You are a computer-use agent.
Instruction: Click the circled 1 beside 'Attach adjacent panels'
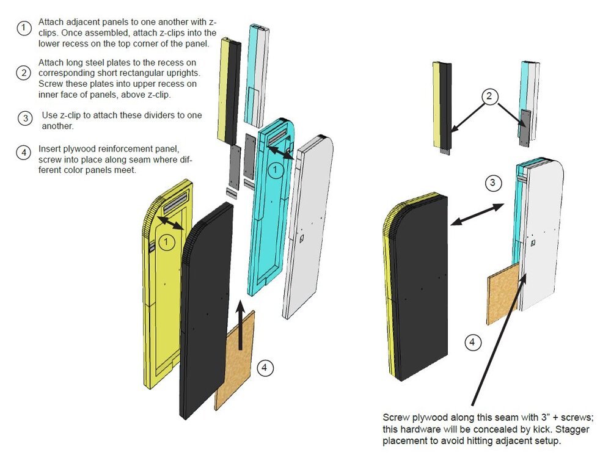coord(24,27)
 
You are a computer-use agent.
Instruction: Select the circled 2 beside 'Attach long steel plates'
coord(24,73)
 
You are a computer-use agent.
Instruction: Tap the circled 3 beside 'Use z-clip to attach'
coord(24,118)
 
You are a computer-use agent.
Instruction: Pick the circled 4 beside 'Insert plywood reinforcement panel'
coord(24,153)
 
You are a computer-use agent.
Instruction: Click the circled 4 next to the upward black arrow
coord(265,368)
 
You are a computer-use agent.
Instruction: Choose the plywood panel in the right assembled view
coord(502,293)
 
